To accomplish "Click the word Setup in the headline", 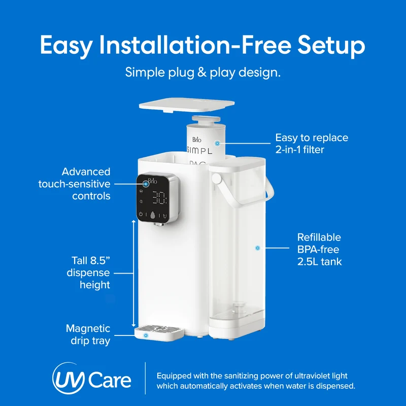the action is click(331, 46).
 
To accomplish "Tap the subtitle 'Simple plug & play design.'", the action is click(202, 73).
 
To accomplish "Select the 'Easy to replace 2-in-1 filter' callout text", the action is click(312, 144).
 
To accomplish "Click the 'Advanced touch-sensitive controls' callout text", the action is click(74, 184).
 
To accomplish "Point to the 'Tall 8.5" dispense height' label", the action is click(88, 273).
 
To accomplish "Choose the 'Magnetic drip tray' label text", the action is click(88, 334).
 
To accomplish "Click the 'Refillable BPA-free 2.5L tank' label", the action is click(319, 249).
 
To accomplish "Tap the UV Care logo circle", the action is click(69, 378).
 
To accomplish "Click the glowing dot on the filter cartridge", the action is click(218, 143).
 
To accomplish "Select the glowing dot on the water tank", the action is click(257, 248).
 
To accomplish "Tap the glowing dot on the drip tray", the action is click(146, 335).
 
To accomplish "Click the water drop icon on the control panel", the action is click(153, 215).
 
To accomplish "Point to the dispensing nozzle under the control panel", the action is click(159, 224).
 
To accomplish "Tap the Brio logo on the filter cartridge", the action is click(197, 140).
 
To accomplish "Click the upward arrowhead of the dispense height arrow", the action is click(133, 222).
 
